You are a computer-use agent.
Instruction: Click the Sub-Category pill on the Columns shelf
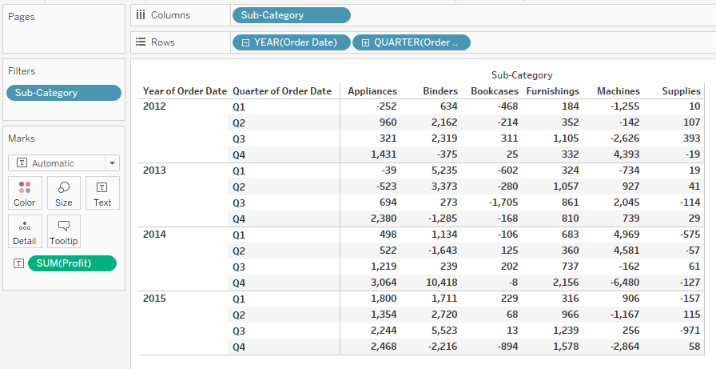tap(291, 15)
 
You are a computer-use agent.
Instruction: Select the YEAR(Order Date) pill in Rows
tap(291, 42)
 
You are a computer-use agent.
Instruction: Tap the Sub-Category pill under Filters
tap(63, 93)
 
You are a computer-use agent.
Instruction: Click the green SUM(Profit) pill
tap(71, 263)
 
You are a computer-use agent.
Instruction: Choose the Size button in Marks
tap(64, 193)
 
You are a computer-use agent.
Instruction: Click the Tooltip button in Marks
tap(64, 231)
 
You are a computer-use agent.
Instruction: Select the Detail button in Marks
tap(25, 231)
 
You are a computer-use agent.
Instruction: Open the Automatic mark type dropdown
tap(63, 163)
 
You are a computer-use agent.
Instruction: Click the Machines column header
tap(618, 91)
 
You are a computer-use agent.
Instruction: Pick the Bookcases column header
tap(494, 91)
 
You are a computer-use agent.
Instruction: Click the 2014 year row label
tap(154, 235)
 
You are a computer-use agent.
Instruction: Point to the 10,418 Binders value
tap(441, 283)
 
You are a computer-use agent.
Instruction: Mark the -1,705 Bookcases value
tap(500, 203)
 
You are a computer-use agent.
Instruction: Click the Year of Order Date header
tap(185, 91)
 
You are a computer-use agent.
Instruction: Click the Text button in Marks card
tap(102, 193)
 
